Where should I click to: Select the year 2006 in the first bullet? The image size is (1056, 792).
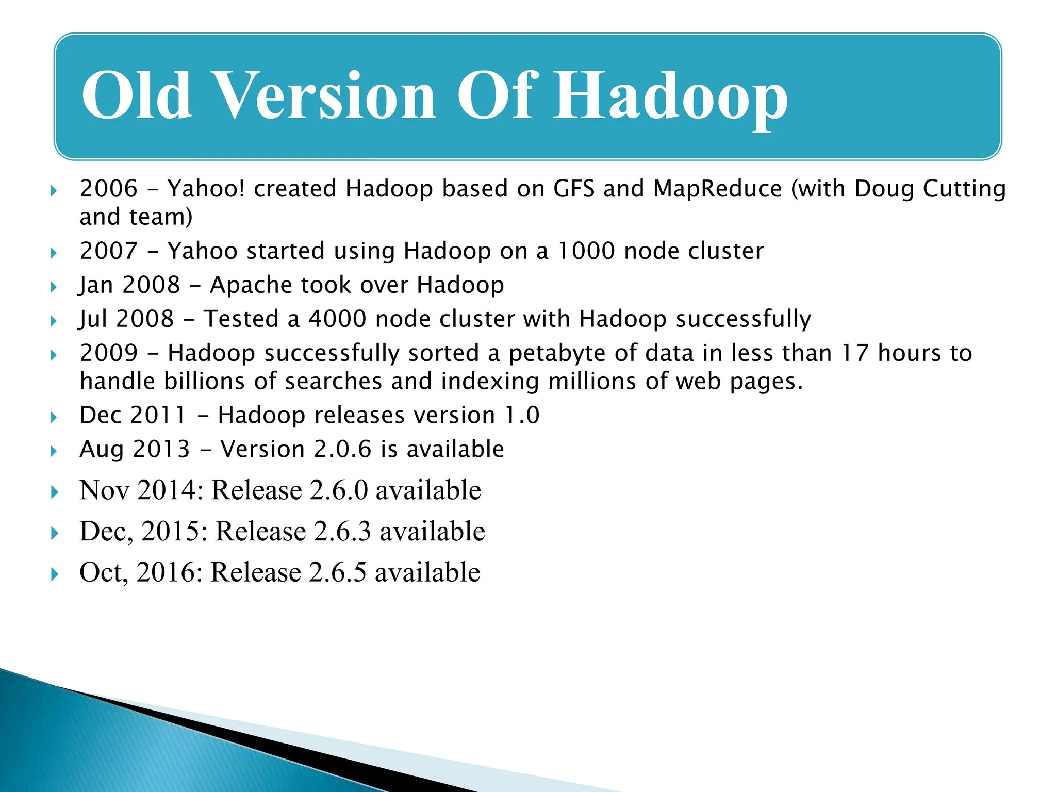coord(109,189)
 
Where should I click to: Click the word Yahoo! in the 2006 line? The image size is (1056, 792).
coord(206,189)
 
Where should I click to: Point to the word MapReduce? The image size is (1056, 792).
coord(718,189)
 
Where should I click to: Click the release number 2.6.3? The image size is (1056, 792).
coord(342,531)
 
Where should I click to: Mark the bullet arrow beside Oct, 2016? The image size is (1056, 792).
coord(55,574)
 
